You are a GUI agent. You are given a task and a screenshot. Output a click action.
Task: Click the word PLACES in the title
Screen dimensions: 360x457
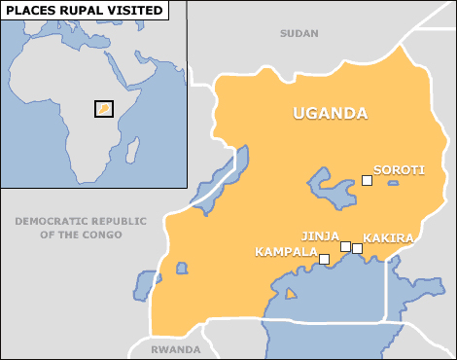pos(31,11)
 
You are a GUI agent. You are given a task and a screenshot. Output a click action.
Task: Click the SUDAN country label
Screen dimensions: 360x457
pos(299,33)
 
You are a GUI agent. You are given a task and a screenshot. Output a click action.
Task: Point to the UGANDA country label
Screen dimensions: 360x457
pos(331,114)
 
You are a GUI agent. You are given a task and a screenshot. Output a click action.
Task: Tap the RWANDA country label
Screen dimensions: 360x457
pos(176,349)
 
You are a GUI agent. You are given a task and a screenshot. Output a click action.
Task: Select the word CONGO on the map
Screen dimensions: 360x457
pos(103,234)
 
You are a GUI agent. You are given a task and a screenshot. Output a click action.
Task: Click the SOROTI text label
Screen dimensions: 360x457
pos(399,170)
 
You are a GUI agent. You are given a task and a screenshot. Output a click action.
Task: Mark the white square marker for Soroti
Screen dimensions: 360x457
pos(367,180)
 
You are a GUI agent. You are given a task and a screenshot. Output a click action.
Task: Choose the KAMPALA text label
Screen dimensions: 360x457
pos(286,251)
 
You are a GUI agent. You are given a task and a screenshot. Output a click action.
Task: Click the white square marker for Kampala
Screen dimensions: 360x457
pos(324,259)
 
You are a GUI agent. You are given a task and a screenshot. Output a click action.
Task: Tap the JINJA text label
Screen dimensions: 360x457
pos(320,235)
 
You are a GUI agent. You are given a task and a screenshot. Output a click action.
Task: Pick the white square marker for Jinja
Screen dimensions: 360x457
pos(345,246)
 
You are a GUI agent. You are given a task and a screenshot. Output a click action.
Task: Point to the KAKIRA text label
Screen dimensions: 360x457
pos(388,237)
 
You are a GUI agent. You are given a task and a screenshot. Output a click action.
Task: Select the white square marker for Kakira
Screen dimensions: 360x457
pos(357,248)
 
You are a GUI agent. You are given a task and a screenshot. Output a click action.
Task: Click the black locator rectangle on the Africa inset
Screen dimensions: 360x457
pos(103,109)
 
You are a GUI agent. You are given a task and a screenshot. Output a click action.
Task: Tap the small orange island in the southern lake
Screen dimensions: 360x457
pos(290,294)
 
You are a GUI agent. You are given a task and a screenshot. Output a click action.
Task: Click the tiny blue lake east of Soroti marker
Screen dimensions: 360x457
pos(392,183)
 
